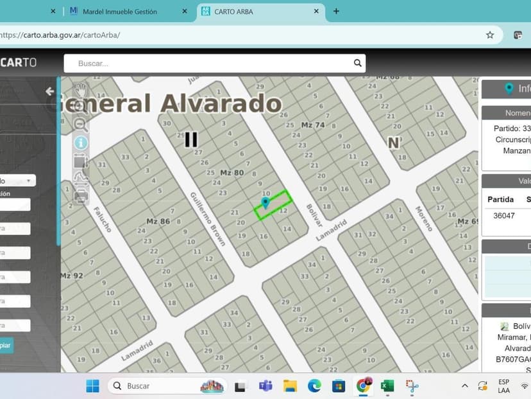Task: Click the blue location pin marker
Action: tap(265, 203)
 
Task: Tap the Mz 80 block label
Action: tap(232, 173)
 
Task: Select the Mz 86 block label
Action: tap(158, 221)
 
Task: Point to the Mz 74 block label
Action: tap(313, 125)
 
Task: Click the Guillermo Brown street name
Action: tap(208, 218)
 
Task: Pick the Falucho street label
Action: tap(103, 218)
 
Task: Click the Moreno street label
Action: tap(423, 218)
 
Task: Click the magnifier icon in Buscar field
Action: tap(358, 63)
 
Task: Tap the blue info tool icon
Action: tap(81, 143)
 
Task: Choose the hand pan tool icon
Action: tap(81, 89)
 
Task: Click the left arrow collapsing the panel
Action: tap(49, 91)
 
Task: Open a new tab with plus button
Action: tap(336, 12)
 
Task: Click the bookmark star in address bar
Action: tap(490, 35)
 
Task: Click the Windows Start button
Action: tap(93, 386)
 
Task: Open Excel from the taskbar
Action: tap(387, 386)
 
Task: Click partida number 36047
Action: tap(504, 216)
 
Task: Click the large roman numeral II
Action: tap(190, 139)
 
